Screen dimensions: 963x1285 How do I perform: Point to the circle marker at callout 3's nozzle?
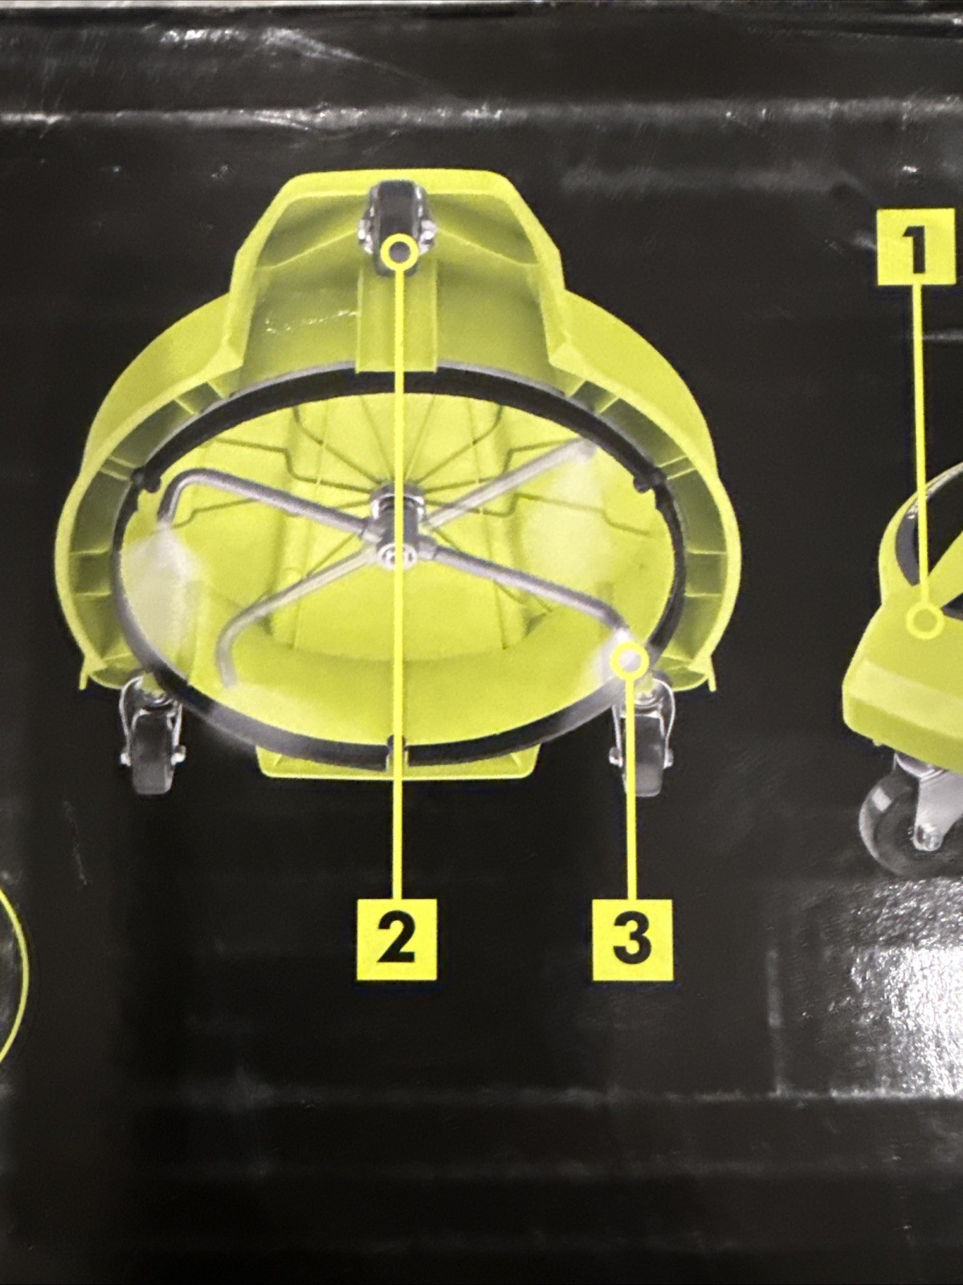(x=630, y=661)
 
